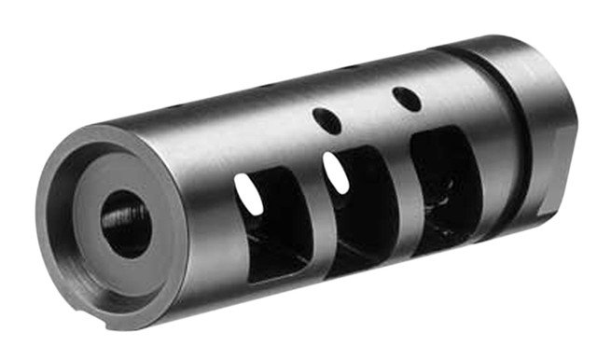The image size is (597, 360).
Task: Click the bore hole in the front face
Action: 124,224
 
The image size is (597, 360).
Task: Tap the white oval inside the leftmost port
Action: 247,192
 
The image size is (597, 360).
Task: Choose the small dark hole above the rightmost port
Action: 403,95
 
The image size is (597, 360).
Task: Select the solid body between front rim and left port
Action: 201,215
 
